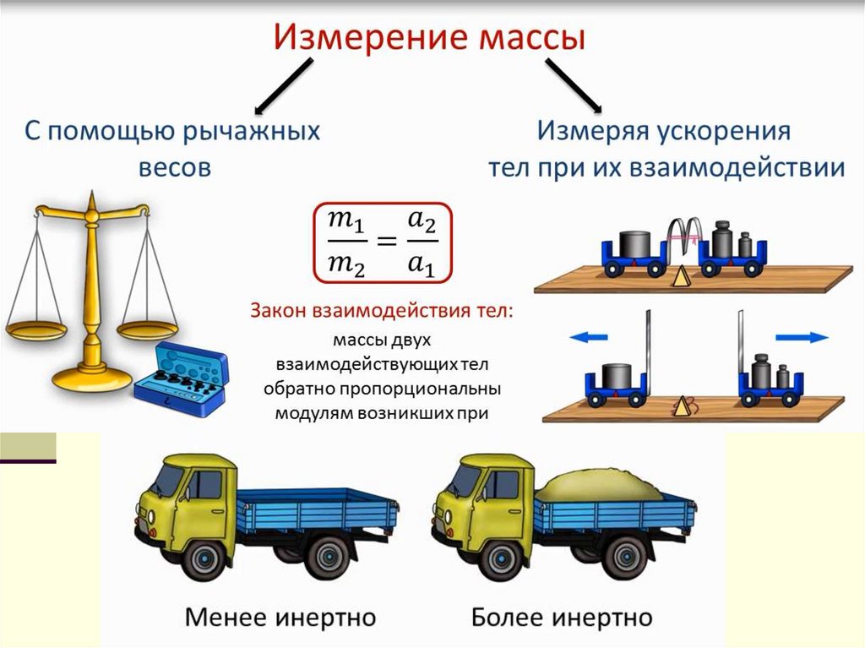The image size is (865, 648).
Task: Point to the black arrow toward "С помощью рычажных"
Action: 283,87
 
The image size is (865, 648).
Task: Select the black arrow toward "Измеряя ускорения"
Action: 574,87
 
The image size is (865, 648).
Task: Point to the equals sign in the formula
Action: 384,242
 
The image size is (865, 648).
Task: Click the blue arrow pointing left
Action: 589,337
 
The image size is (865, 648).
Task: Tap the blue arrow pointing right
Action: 802,337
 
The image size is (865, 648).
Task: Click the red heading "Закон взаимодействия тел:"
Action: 381,310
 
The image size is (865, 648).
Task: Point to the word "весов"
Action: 174,167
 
